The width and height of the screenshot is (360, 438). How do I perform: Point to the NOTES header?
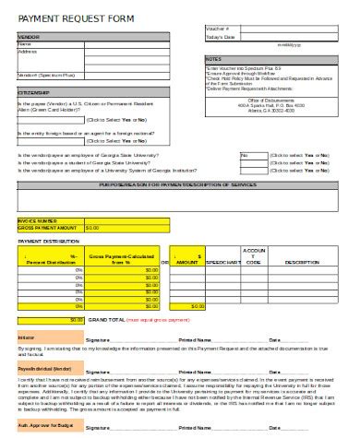(x=213, y=58)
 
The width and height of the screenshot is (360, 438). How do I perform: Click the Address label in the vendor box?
(x=28, y=52)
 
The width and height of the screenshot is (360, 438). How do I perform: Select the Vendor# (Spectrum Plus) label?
(x=46, y=74)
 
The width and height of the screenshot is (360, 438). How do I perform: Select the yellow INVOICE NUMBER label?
(x=38, y=220)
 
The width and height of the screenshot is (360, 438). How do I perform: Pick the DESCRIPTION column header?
(x=302, y=262)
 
